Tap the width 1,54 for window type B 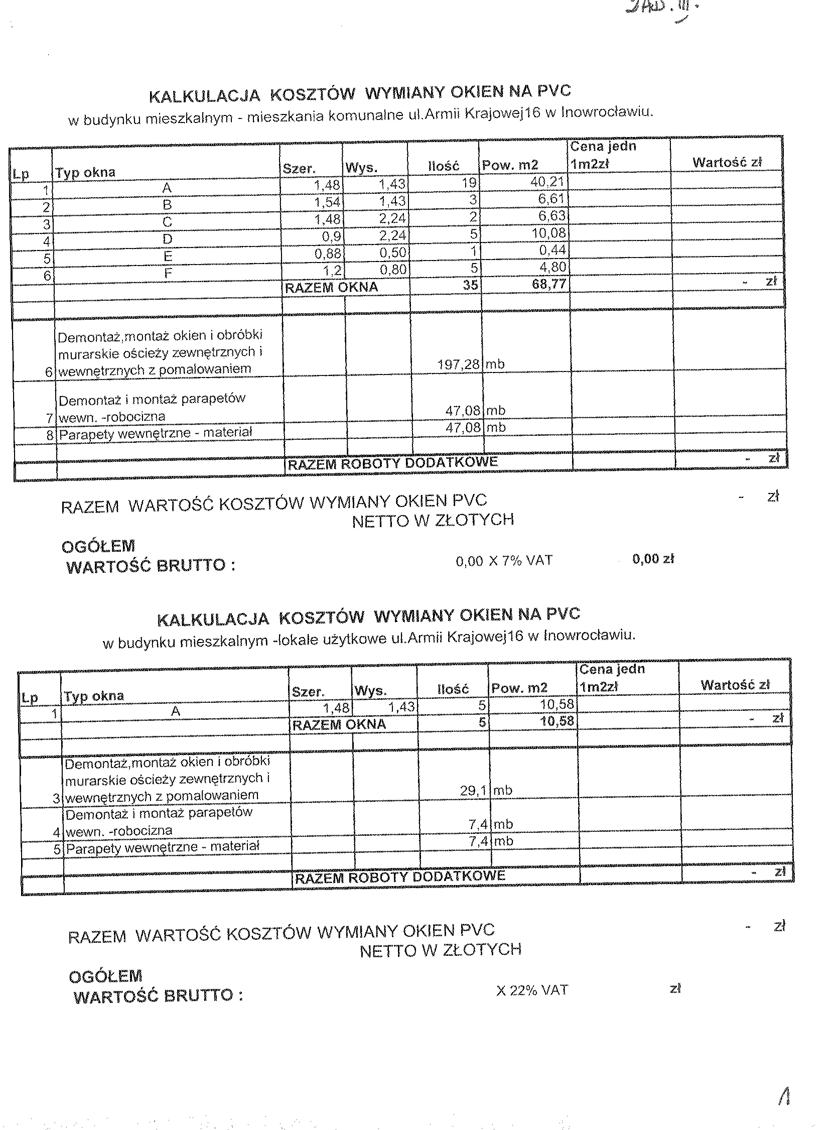pyautogui.click(x=327, y=203)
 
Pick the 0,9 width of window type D pyautogui.click(x=332, y=236)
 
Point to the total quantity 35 pyautogui.click(x=470, y=285)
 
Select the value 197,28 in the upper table pyautogui.click(x=458, y=364)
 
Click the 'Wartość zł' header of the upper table pyautogui.click(x=727, y=163)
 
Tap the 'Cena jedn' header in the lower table pyautogui.click(x=612, y=669)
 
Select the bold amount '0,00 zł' pyautogui.click(x=653, y=559)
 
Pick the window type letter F pyautogui.click(x=168, y=274)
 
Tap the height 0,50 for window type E pyautogui.click(x=393, y=253)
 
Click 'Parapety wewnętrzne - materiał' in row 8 pyautogui.click(x=155, y=433)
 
